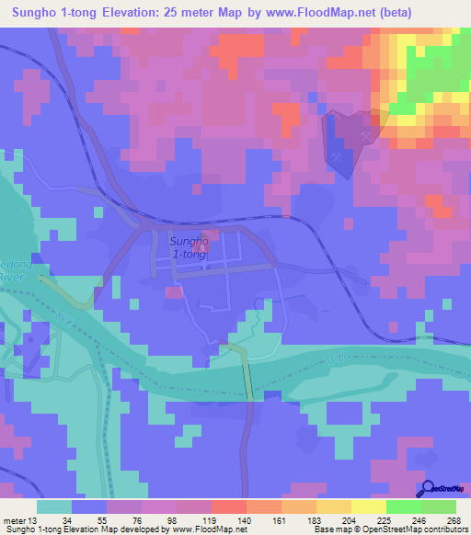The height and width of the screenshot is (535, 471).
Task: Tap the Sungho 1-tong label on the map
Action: (x=189, y=247)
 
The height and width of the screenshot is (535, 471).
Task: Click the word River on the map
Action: (x=9, y=276)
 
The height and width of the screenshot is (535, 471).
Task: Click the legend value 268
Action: (x=453, y=519)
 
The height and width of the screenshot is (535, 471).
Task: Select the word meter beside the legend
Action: (x=16, y=519)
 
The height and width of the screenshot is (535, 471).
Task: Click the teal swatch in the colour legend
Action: (x=54, y=507)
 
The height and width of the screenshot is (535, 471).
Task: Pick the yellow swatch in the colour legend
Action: (x=368, y=507)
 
